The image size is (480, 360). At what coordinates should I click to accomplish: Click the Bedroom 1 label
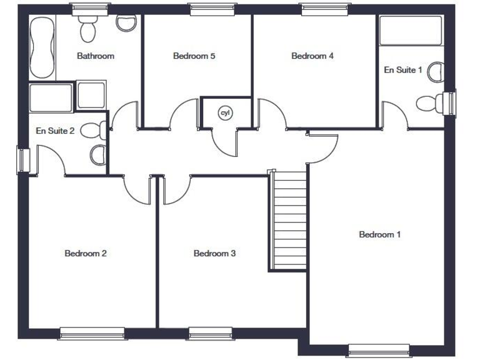[379, 234]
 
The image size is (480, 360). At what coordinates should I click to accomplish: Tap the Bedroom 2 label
[86, 253]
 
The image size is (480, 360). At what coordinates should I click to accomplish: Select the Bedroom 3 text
[214, 253]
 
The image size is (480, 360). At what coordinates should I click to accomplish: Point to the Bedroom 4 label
[312, 56]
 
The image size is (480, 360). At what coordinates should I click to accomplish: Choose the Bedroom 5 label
[194, 56]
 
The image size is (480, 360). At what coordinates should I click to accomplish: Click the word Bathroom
[96, 56]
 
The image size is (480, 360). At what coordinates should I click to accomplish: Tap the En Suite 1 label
[402, 70]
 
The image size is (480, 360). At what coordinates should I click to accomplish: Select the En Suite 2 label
[56, 131]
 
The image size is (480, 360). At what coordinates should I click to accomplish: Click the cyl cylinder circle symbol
[224, 112]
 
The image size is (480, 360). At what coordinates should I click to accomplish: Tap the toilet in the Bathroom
[87, 25]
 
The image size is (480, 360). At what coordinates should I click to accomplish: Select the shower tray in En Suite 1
[411, 30]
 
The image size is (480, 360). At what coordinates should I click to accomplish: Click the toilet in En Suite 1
[430, 102]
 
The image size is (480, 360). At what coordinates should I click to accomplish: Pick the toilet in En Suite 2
[94, 130]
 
